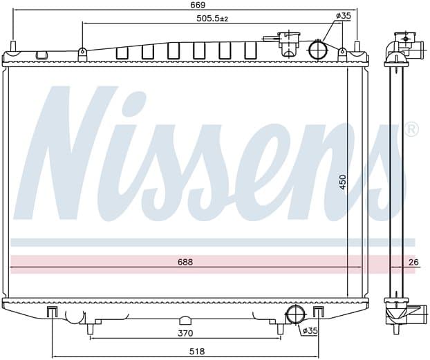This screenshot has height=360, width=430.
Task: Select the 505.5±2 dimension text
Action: tap(212, 19)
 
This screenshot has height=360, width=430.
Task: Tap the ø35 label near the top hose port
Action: tap(343, 16)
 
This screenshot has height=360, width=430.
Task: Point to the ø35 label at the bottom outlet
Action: tap(310, 331)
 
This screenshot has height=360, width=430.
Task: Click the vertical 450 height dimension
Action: tap(343, 182)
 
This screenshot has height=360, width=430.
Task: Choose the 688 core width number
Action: tap(185, 262)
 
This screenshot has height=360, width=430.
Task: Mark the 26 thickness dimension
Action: tap(413, 263)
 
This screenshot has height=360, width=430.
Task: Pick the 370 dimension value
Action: tap(185, 333)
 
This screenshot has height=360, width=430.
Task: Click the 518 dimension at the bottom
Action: tap(197, 351)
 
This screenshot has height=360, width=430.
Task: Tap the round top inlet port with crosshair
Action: tap(319, 49)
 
